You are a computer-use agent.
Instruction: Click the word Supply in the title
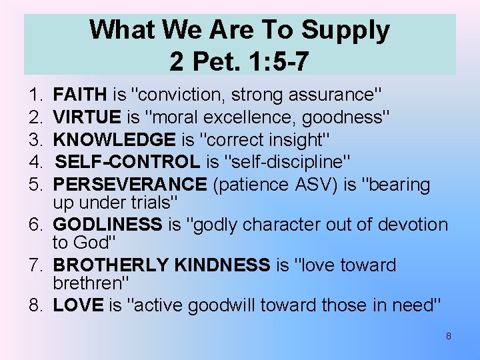[345, 31]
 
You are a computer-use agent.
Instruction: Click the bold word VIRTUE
[87, 118]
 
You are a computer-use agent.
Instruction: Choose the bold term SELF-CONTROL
[127, 161]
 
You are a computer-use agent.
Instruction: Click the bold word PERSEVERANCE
[130, 183]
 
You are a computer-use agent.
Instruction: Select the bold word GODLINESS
[107, 225]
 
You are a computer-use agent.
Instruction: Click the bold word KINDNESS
[222, 265]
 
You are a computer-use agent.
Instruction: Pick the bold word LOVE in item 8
[78, 305]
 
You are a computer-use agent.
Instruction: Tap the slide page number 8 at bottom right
[448, 337]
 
